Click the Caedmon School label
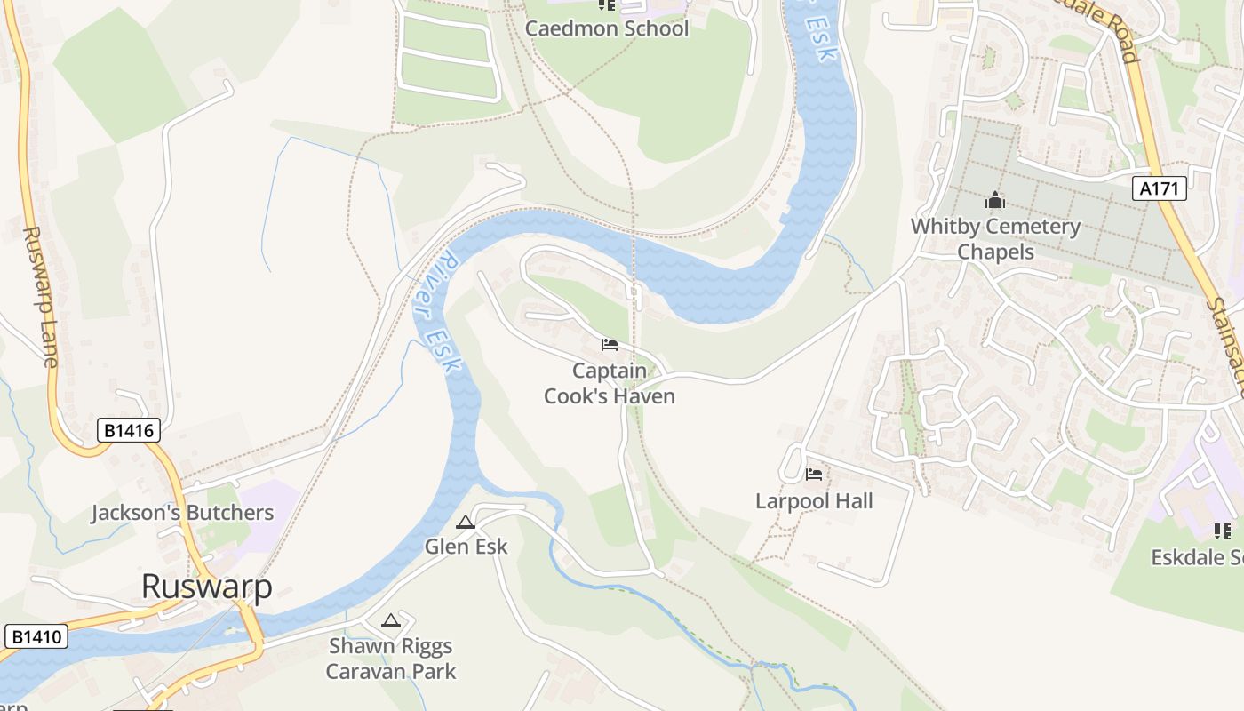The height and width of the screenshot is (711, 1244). [x=607, y=28]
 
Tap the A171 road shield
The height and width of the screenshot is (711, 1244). [x=1160, y=188]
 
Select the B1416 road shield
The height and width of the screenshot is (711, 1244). [x=128, y=431]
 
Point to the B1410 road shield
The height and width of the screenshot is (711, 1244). [x=36, y=636]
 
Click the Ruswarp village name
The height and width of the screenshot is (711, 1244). [x=206, y=587]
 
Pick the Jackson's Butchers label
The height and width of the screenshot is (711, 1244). [x=182, y=513]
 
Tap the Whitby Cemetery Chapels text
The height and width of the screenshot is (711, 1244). [x=995, y=239]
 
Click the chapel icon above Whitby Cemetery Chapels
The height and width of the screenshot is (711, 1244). [x=995, y=201]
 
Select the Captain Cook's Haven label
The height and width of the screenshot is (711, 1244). [x=610, y=383]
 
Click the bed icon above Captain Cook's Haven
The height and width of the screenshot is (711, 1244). [x=610, y=345]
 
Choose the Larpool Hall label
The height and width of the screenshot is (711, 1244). [x=814, y=501]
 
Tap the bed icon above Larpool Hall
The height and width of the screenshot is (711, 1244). [x=814, y=475]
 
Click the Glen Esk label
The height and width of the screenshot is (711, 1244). [x=466, y=547]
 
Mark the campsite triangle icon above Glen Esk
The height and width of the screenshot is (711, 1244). [x=466, y=522]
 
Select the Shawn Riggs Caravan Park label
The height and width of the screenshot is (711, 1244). [x=391, y=659]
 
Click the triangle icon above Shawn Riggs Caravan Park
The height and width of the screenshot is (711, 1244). [x=391, y=620]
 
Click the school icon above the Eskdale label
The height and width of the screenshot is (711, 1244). [x=1223, y=531]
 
